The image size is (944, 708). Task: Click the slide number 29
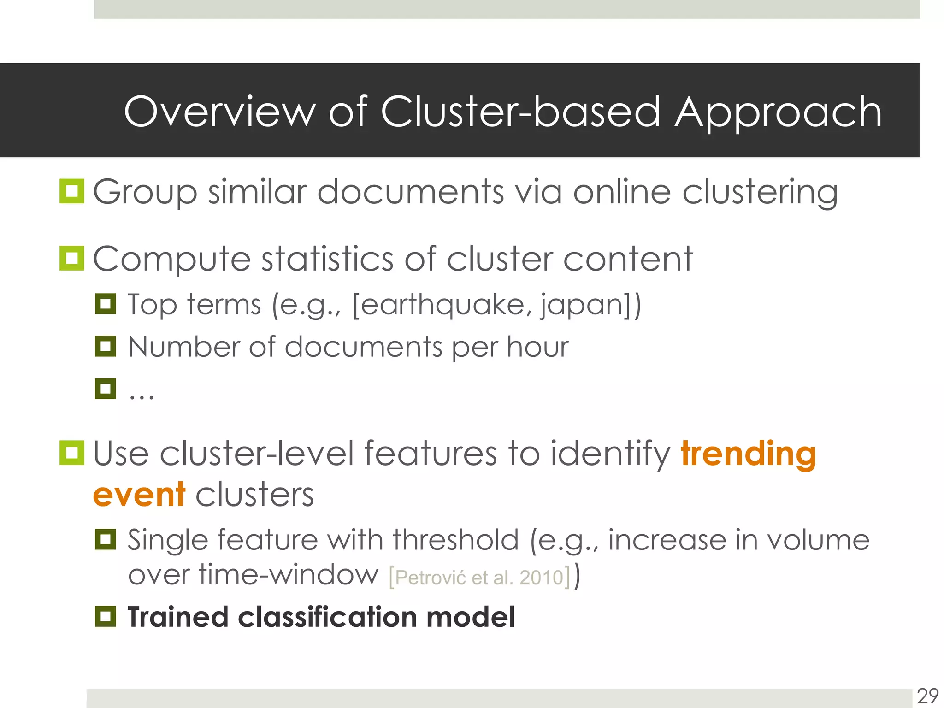(x=927, y=696)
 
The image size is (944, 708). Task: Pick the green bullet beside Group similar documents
(x=72, y=191)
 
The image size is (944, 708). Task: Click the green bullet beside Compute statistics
(x=72, y=258)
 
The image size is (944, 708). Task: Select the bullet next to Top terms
(x=106, y=304)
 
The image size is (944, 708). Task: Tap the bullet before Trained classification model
(x=106, y=617)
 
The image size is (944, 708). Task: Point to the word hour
(x=538, y=347)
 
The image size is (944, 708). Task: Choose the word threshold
(x=455, y=540)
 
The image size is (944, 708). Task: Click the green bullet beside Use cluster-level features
(x=72, y=453)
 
